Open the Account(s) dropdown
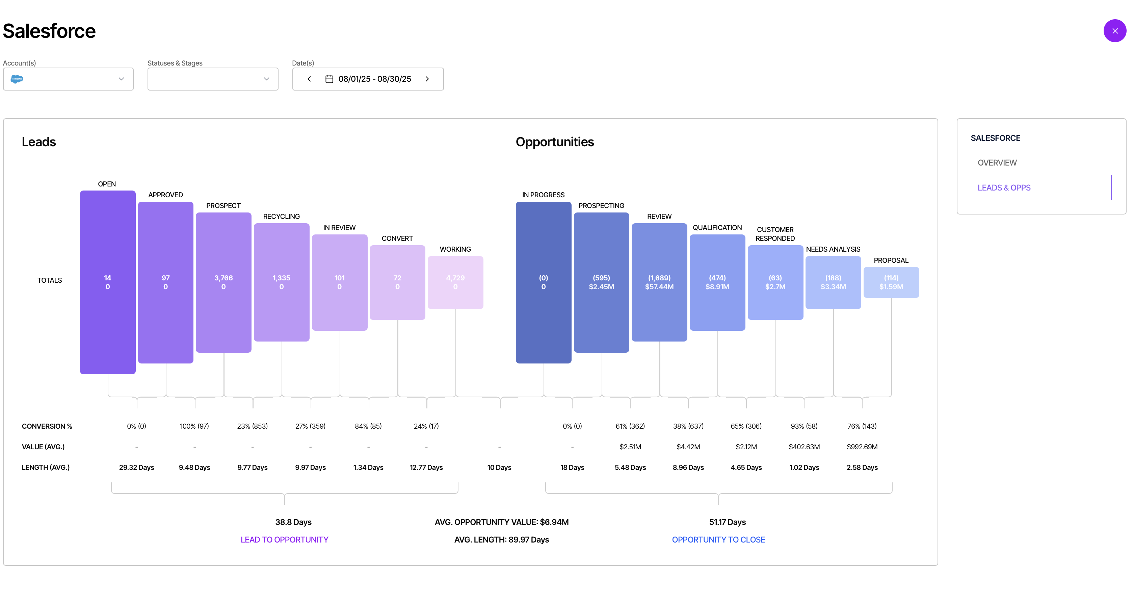(68, 79)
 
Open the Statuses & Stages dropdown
(213, 79)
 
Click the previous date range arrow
(309, 79)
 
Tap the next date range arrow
(427, 79)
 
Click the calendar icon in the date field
(329, 79)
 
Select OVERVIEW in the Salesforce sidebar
(997, 163)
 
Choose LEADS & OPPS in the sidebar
(1004, 187)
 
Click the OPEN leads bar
(108, 282)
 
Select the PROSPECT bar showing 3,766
(223, 282)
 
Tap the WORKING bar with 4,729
(455, 282)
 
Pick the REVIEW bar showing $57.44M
(659, 282)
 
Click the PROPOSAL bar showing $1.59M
(891, 282)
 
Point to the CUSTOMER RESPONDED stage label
(775, 234)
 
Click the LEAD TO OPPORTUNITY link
(285, 540)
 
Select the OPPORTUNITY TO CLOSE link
(718, 540)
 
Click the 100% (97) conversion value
(194, 426)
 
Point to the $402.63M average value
(804, 447)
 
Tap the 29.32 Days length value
(136, 468)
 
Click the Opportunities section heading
(555, 142)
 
